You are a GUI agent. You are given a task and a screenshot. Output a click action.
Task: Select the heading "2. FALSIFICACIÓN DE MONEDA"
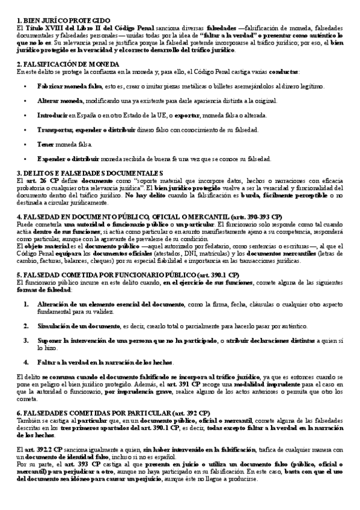coord(68,64)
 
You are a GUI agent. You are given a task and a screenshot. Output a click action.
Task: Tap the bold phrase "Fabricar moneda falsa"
coord(62,87)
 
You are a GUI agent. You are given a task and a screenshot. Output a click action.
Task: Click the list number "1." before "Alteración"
coord(26,305)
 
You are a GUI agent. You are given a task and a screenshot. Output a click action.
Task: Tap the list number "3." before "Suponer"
coord(26,341)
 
